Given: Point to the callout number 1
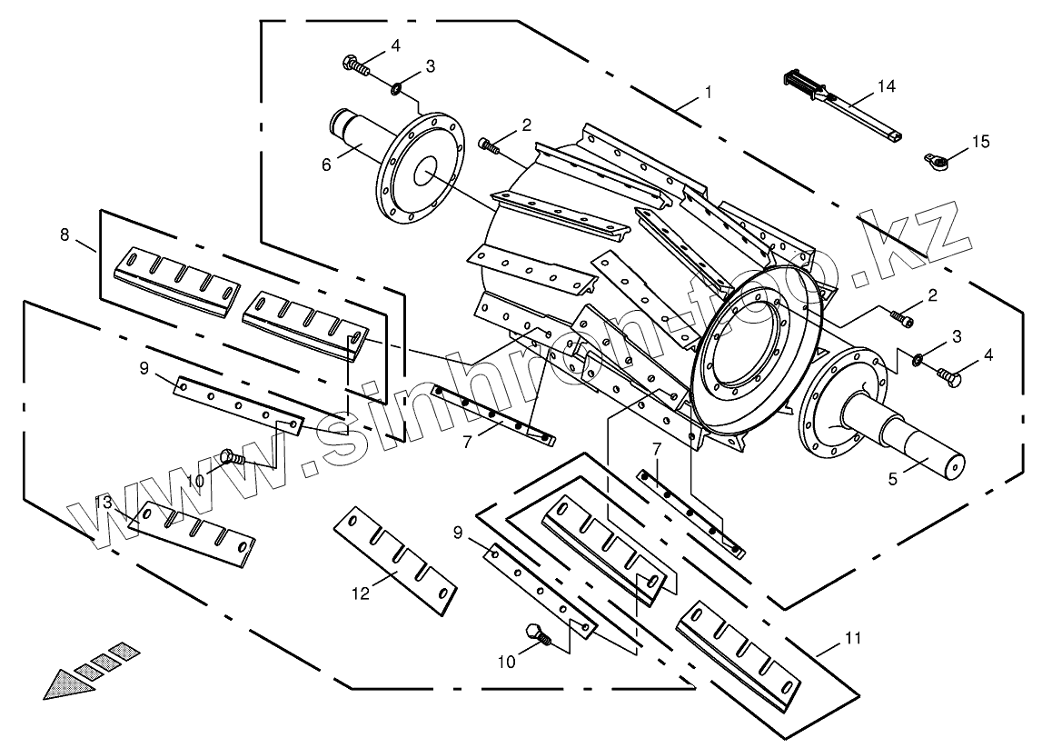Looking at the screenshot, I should click(x=708, y=92).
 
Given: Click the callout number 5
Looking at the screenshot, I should click(x=893, y=478).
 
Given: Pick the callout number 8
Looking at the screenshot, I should click(x=65, y=234).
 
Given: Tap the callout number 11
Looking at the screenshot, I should click(x=851, y=638).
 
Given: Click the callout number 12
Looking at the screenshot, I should click(x=362, y=593).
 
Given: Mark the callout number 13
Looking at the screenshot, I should click(x=104, y=503).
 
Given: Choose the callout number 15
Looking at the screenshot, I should click(x=979, y=142).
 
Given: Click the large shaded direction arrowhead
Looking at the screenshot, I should click(x=68, y=681).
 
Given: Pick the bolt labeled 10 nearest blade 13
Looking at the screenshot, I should click(x=232, y=459).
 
